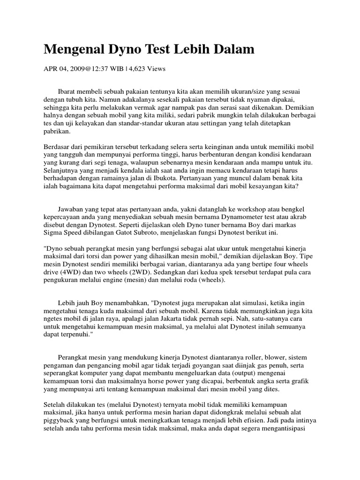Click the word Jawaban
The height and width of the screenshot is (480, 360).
click(72, 209)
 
